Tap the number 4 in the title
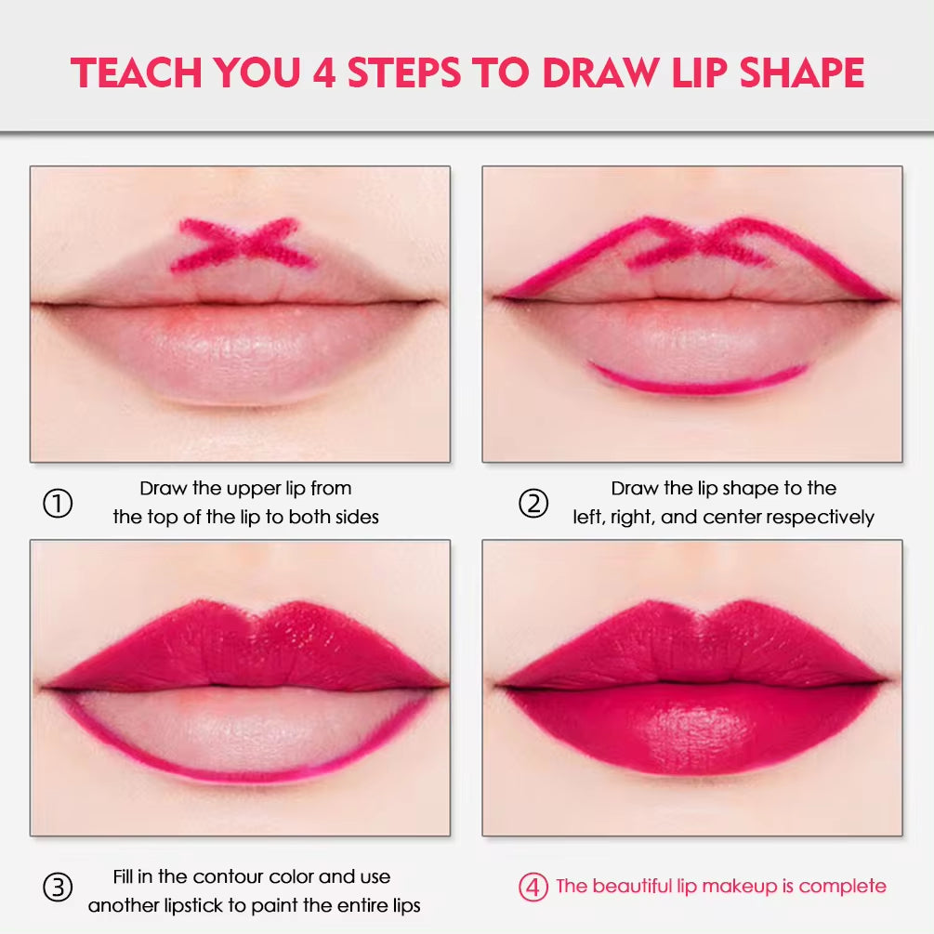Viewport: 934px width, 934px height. coord(324,72)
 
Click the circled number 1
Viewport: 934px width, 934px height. coord(58,505)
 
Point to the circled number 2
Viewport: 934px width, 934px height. coord(533,505)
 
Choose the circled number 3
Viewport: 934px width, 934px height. coord(58,888)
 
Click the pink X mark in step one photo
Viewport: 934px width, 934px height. coord(244,244)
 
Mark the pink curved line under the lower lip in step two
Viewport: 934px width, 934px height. coord(699,382)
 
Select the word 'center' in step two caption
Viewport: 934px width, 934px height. coord(733,517)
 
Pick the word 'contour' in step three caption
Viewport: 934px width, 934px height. coord(229,877)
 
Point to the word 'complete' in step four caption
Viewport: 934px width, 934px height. coord(843,887)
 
